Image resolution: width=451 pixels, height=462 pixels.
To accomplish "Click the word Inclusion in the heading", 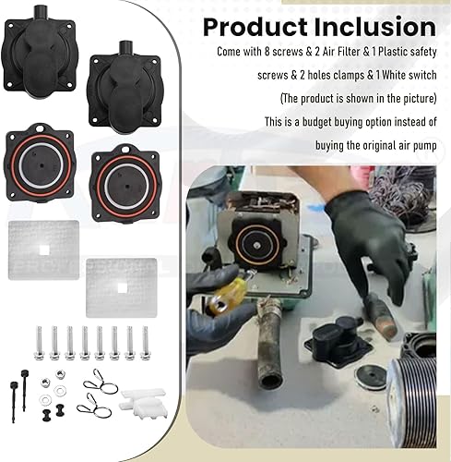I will coord(375,27).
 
